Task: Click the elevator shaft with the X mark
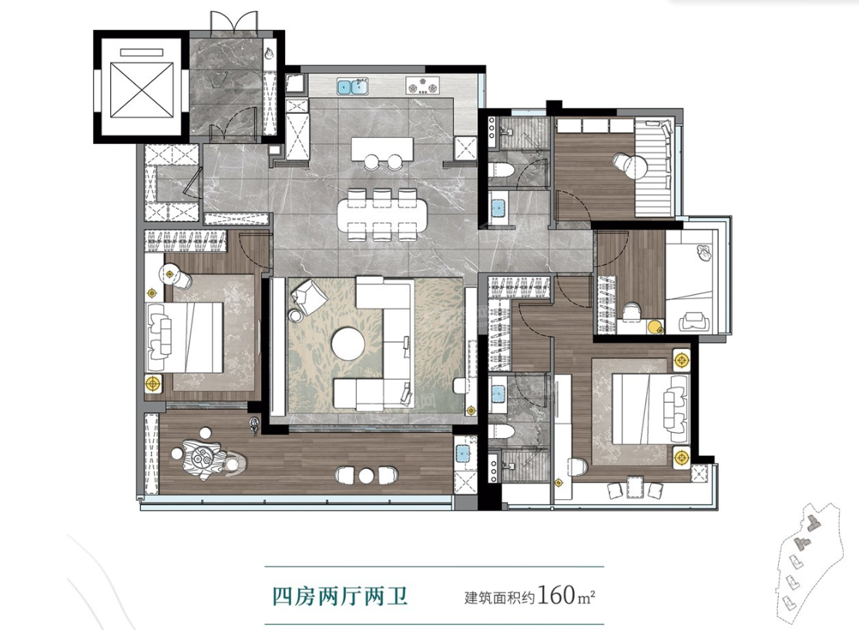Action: coord(142,89)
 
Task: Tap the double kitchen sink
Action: coord(352,86)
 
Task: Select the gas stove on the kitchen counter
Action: coord(422,85)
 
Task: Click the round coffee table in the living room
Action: coord(348,344)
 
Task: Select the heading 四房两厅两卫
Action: coord(341,595)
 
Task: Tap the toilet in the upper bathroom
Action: coord(500,170)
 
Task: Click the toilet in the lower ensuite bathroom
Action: coord(500,431)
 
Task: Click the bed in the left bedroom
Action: coord(185,337)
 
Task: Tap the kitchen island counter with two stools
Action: coord(382,149)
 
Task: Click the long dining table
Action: coord(382,214)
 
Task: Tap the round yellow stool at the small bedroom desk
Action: coord(653,327)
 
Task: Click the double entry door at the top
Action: coord(234,21)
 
